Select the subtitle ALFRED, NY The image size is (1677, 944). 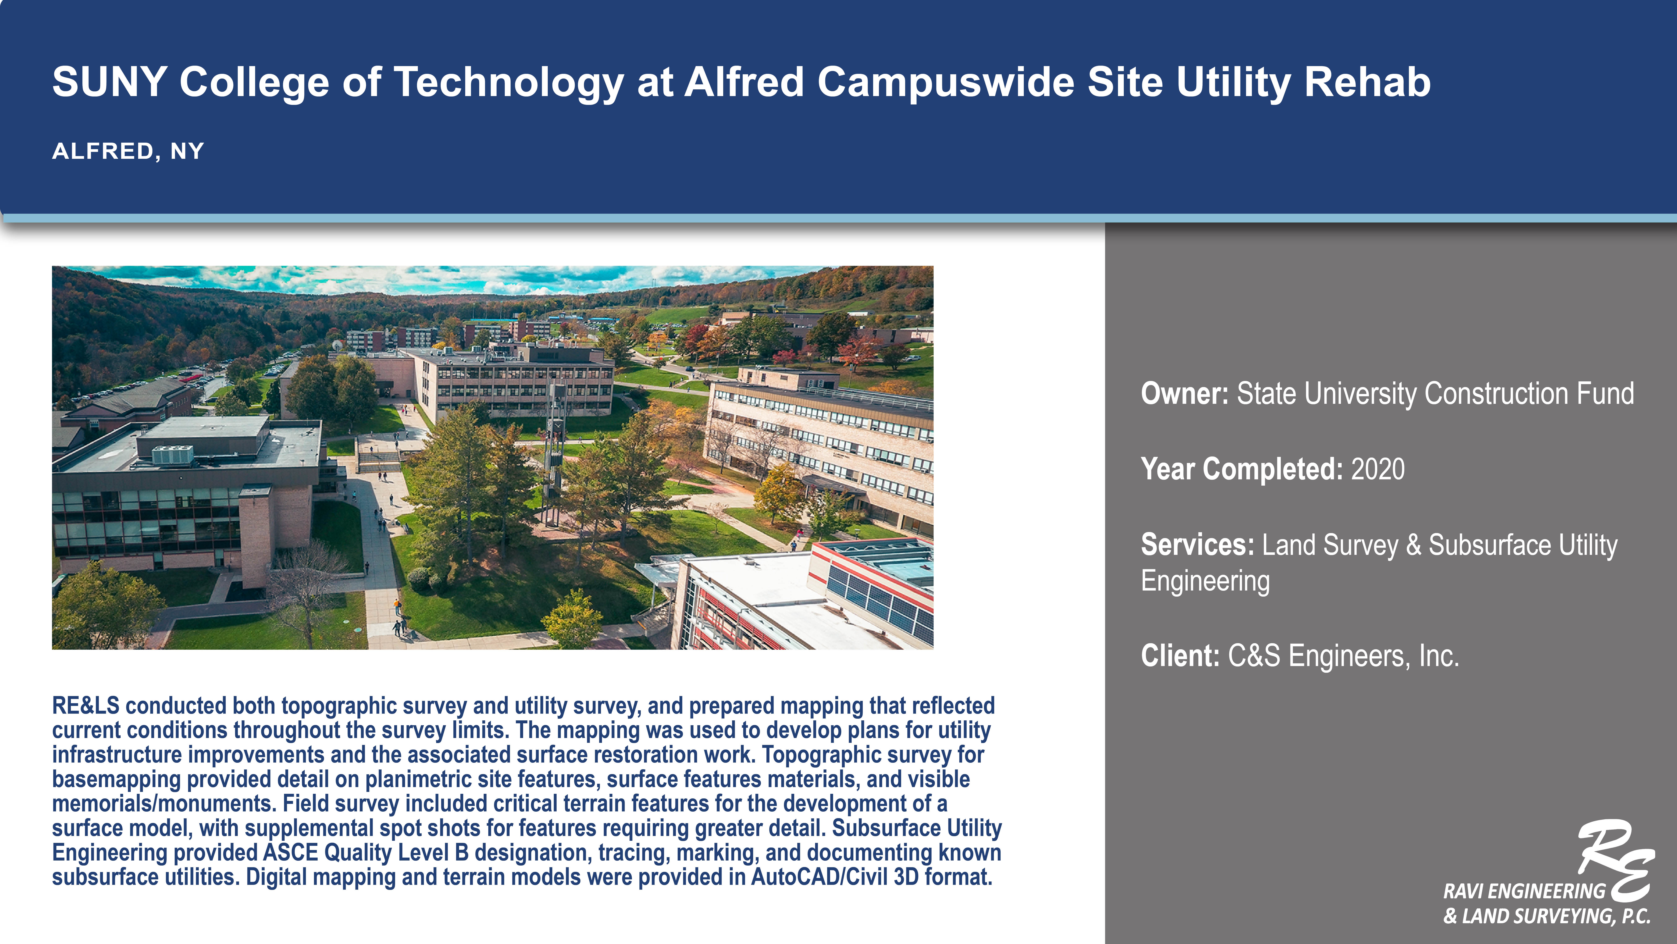pyautogui.click(x=128, y=151)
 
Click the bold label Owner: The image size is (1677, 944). pyautogui.click(x=1184, y=394)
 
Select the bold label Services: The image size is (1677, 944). pyautogui.click(x=1197, y=545)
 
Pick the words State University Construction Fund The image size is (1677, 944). pyautogui.click(x=1435, y=394)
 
